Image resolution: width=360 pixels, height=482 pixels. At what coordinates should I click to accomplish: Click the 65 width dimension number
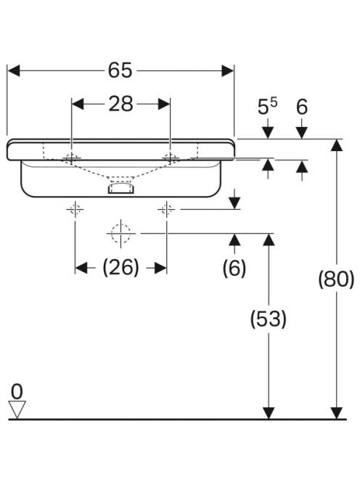[120, 70]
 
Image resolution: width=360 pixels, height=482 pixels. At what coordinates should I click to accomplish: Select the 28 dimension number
[120, 104]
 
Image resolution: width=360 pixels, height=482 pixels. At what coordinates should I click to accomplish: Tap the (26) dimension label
[120, 267]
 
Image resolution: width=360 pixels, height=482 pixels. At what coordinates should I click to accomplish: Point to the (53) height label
[269, 319]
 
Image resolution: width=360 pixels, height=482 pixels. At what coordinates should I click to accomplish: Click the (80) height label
[336, 279]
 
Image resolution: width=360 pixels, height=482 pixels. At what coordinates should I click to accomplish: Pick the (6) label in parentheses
[234, 268]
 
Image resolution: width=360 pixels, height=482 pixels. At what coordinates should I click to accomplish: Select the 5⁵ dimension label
[267, 107]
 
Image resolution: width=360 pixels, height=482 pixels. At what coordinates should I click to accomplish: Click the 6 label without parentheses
[302, 107]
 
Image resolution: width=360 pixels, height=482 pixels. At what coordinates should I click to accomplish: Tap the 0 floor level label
[17, 392]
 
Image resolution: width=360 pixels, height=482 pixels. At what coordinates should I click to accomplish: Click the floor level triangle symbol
[17, 409]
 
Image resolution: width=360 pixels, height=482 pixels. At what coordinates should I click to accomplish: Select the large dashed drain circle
[120, 234]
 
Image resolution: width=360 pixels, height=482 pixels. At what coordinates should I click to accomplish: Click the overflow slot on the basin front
[120, 188]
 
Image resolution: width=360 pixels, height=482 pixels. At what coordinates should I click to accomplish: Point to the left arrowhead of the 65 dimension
[14, 70]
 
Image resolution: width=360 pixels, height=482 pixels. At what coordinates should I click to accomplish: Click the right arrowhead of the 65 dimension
[227, 70]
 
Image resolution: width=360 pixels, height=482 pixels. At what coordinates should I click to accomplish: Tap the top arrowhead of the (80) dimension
[337, 145]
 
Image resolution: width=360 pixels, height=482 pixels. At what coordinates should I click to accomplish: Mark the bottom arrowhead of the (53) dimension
[269, 413]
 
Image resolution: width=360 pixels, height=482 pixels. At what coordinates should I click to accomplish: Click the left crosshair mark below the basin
[75, 210]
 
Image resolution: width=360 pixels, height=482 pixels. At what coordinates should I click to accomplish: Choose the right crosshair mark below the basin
[167, 210]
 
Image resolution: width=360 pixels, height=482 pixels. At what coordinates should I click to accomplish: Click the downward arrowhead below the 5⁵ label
[268, 133]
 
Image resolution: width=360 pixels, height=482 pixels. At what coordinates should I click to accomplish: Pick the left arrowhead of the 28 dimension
[78, 104]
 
